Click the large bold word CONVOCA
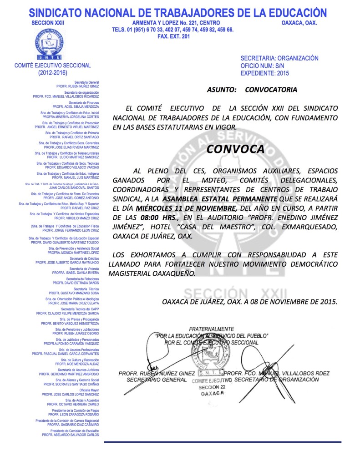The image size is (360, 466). click(235, 149)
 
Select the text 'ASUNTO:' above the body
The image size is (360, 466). click(222, 90)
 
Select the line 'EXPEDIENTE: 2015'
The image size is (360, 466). click(264, 73)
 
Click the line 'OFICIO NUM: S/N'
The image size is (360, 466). click(263, 66)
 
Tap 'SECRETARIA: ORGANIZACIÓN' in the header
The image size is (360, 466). click(279, 58)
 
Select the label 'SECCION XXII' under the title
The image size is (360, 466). click(49, 23)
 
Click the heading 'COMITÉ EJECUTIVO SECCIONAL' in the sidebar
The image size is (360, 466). click(53, 66)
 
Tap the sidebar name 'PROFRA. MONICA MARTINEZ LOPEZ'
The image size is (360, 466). click(73, 252)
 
